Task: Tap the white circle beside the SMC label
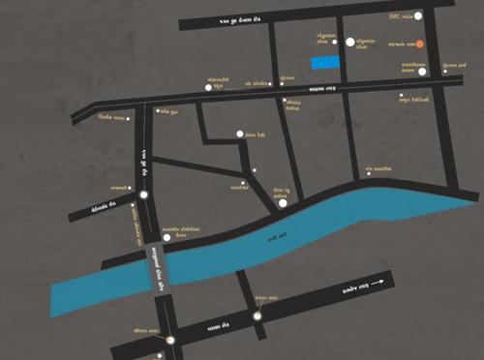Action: coord(417,16)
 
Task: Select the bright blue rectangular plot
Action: coord(325,63)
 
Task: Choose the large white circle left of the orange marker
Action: coord(349,43)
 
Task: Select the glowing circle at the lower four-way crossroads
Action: coord(257,315)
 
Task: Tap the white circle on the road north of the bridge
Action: coord(143,195)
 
